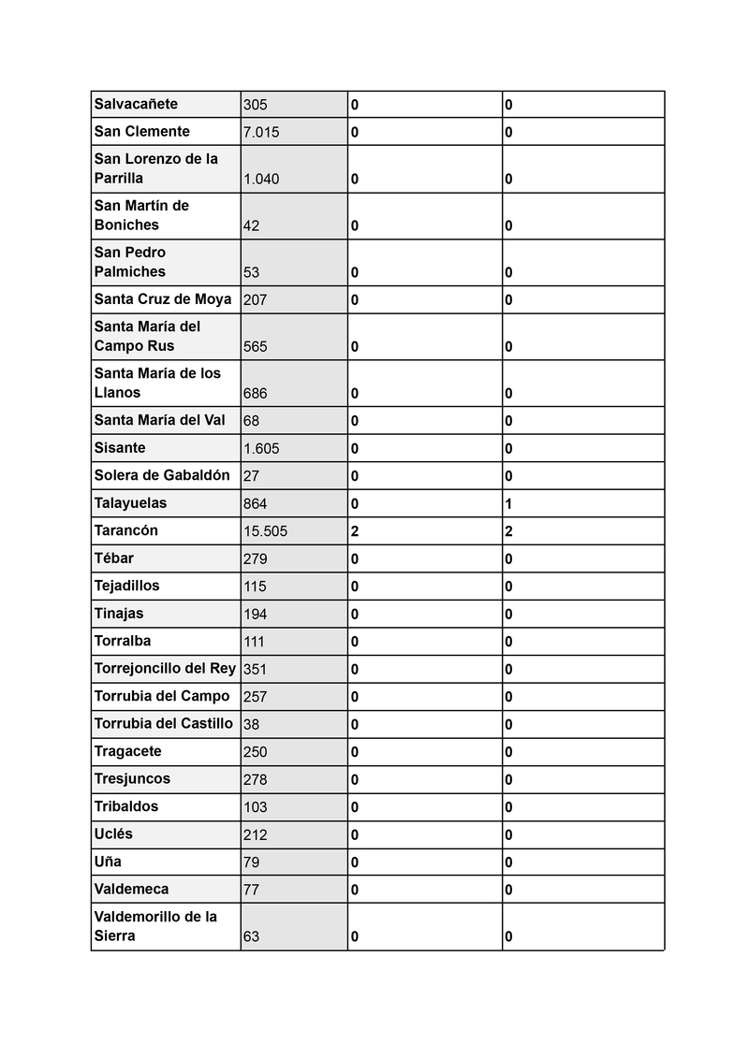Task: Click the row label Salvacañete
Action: pyautogui.click(x=136, y=104)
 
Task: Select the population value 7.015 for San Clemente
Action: pyautogui.click(x=261, y=133)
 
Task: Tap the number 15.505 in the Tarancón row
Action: pyautogui.click(x=265, y=531)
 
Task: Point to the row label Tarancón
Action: pyautogui.click(x=126, y=530)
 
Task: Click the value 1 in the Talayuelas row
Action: pyautogui.click(x=508, y=504)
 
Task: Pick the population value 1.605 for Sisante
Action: pyautogui.click(x=261, y=449)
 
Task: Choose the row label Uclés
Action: pyautogui.click(x=113, y=833)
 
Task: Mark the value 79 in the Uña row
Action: pyautogui.click(x=251, y=862)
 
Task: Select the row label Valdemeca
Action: pyautogui.click(x=131, y=889)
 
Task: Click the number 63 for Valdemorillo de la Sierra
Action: pyautogui.click(x=251, y=936)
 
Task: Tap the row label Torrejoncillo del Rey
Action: pyautogui.click(x=165, y=668)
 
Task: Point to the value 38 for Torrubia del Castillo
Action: pyautogui.click(x=251, y=725)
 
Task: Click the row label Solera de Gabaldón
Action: pyautogui.click(x=162, y=475)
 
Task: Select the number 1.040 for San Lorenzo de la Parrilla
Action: pyautogui.click(x=261, y=179)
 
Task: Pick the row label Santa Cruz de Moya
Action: pyautogui.click(x=163, y=299)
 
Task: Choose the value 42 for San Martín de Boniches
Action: pyautogui.click(x=251, y=225)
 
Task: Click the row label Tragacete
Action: pyautogui.click(x=127, y=751)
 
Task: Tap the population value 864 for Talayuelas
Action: pyautogui.click(x=255, y=504)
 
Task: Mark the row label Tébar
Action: pyautogui.click(x=113, y=558)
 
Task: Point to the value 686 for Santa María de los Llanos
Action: pyautogui.click(x=255, y=394)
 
